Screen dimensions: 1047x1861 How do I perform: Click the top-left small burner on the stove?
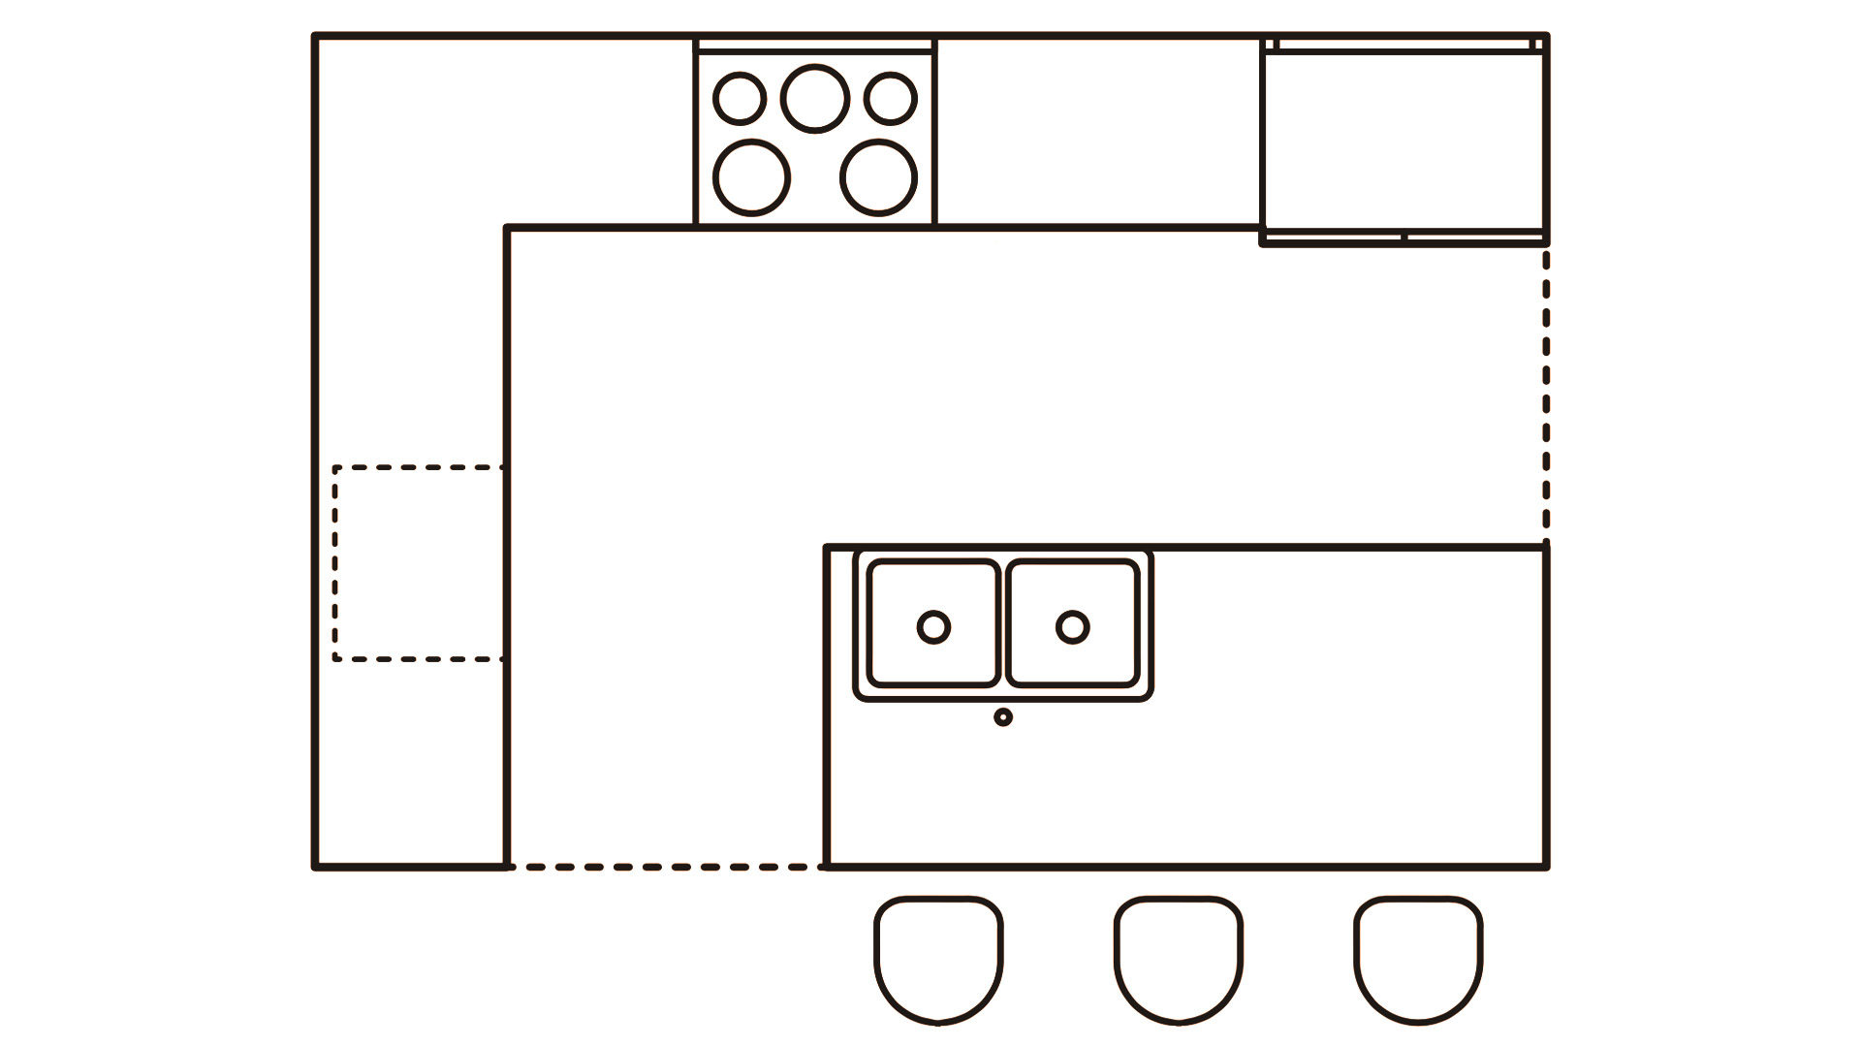[x=740, y=99]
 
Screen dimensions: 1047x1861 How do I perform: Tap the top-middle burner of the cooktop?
[x=816, y=98]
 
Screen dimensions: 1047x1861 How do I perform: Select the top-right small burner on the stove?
[x=890, y=99]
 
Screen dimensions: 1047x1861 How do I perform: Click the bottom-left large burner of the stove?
[x=751, y=178]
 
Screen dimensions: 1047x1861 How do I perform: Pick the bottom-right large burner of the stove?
[x=878, y=178]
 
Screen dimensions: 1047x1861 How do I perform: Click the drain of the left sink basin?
[x=933, y=627]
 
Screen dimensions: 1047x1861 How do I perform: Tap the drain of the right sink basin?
[x=1072, y=627]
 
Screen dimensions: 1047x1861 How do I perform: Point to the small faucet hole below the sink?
[x=1003, y=717]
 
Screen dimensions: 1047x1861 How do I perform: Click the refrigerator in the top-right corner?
[x=1403, y=141]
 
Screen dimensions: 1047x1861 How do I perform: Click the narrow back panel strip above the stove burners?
[x=815, y=45]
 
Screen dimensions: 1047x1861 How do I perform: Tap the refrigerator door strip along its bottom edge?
[x=1403, y=238]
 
